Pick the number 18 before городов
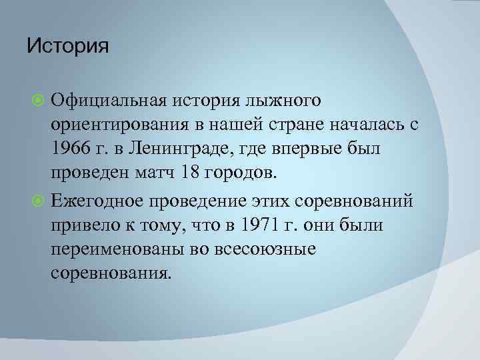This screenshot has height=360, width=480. pos(189,174)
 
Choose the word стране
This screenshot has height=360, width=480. pos(294,125)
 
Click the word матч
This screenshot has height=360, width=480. pos(154,174)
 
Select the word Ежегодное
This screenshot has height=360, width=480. pos(100,199)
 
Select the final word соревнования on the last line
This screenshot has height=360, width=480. pos(111,273)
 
